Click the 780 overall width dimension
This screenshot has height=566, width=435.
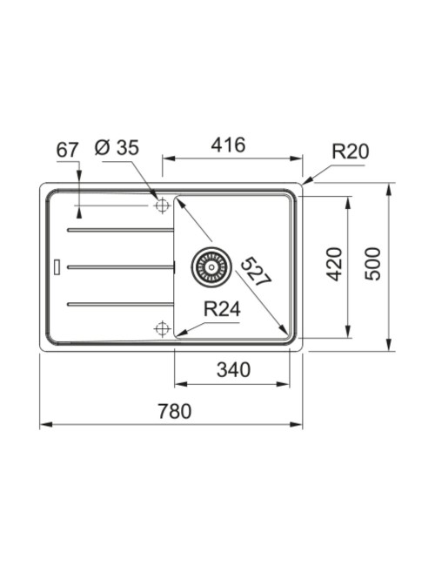pos(175,412)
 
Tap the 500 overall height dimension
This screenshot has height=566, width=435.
pos(372,264)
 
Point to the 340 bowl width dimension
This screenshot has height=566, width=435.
pos(233,370)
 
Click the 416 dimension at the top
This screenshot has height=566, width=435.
pos(228,145)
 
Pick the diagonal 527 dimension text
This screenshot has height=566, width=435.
pos(256,272)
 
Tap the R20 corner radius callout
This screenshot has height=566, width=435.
pos(351,152)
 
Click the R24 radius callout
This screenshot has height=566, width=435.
pos(222,309)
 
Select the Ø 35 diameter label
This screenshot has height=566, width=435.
pos(117,148)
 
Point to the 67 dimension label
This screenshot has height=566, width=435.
pos(67,150)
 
